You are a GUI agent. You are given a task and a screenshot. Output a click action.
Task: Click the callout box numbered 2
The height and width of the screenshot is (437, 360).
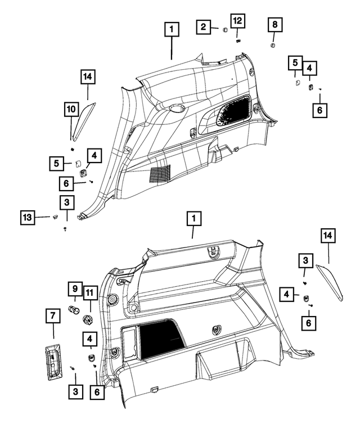tap(204, 27)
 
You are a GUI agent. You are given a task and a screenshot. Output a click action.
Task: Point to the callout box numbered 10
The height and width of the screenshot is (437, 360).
tap(71, 109)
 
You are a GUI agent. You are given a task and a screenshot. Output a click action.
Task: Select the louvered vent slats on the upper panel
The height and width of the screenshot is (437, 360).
tap(160, 174)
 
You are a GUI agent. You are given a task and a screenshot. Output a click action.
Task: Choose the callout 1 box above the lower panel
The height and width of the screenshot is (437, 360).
tap(193, 218)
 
